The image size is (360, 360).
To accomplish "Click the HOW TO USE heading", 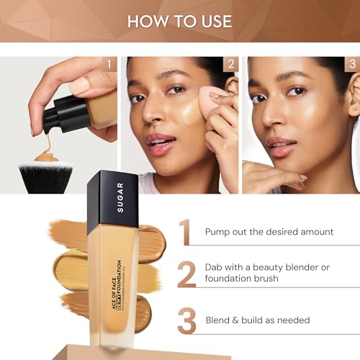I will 179,20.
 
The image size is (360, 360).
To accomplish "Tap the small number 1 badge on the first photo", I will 109,64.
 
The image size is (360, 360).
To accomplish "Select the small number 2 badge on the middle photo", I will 230,64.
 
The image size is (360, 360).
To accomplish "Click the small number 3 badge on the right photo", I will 352,64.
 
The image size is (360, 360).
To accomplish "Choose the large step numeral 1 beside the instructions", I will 186,232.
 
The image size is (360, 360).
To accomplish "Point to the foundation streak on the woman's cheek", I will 189,112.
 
